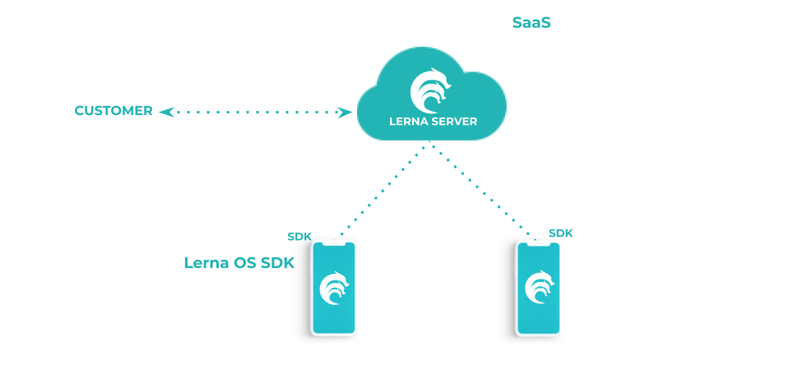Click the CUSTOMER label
[114, 110]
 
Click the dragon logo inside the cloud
[432, 89]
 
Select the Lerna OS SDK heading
[239, 263]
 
